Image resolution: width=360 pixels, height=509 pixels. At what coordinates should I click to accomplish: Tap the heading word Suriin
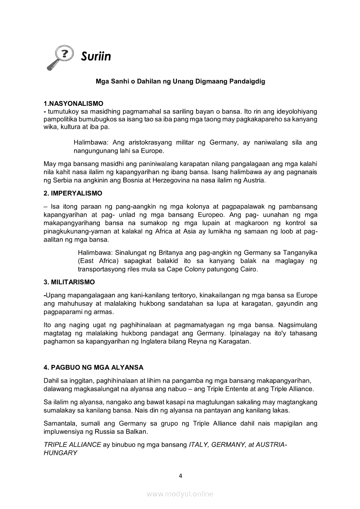(96, 57)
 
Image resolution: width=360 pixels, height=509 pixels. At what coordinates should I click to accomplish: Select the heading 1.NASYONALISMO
(74, 104)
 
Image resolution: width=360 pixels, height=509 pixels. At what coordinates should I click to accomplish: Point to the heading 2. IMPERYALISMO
(73, 193)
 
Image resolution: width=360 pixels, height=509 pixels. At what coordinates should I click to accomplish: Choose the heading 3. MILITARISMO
(69, 282)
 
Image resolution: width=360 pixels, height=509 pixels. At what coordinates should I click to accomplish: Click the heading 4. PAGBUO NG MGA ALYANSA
(94, 367)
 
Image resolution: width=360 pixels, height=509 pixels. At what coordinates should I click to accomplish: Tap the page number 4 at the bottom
(180, 475)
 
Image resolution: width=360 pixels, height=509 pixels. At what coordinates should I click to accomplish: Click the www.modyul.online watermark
(180, 494)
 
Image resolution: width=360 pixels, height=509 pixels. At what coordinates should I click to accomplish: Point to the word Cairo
(248, 269)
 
